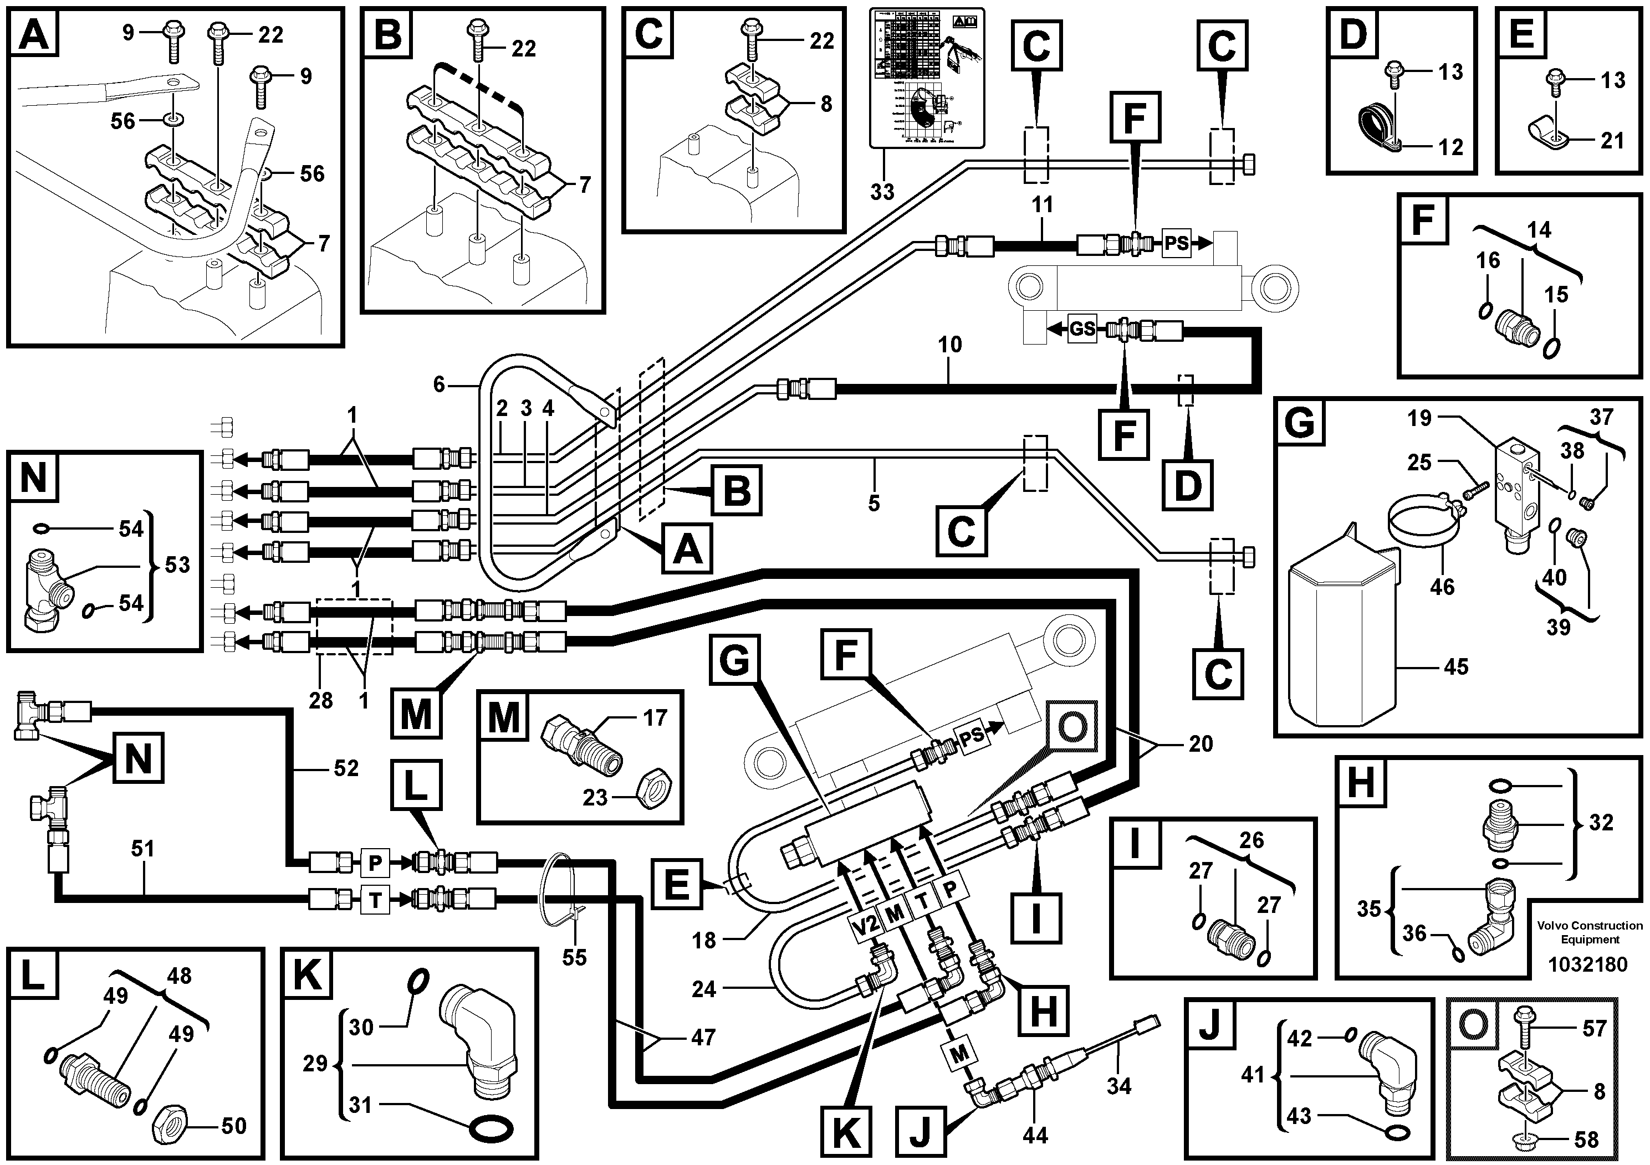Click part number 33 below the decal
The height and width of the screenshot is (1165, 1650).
pyautogui.click(x=882, y=192)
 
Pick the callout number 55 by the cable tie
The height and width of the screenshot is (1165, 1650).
pyautogui.click(x=574, y=957)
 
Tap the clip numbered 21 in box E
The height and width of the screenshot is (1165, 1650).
pyautogui.click(x=1544, y=134)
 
